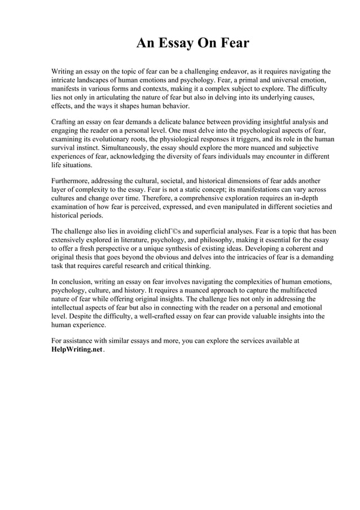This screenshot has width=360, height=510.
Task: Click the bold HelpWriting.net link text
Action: (x=77, y=350)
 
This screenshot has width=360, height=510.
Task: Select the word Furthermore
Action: (x=71, y=181)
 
